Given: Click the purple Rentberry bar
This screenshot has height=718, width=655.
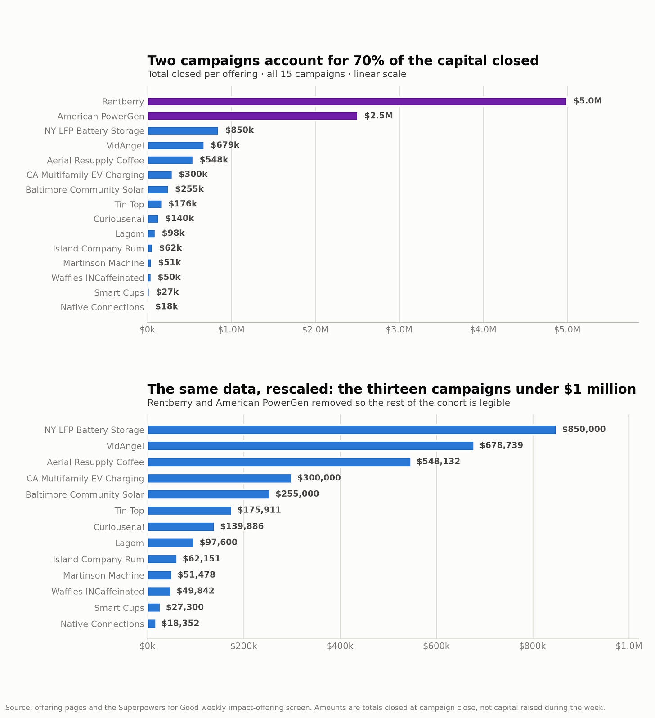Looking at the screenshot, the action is tap(357, 102).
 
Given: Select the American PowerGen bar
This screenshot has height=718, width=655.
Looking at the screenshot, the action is tap(252, 116).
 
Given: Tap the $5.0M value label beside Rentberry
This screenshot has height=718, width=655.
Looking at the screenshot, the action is tap(588, 101).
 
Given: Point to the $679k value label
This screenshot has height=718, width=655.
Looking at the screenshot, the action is tap(225, 145).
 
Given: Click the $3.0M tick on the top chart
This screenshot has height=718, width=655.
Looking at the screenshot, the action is tap(399, 330).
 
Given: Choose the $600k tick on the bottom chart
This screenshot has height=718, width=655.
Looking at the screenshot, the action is tap(436, 646).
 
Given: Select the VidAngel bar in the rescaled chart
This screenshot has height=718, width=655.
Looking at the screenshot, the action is tap(310, 446).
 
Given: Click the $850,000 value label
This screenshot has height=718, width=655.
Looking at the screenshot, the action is tap(584, 430).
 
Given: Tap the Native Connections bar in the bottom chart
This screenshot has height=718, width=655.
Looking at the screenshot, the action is tap(152, 624).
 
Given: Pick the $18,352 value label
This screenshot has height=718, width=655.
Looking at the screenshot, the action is tap(180, 624).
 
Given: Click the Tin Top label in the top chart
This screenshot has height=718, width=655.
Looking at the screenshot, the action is tap(130, 205).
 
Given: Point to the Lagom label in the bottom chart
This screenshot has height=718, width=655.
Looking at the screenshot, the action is tap(130, 543).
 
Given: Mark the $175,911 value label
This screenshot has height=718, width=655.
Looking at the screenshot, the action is tap(259, 510).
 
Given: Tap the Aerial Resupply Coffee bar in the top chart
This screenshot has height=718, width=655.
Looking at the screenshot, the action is tap(170, 160).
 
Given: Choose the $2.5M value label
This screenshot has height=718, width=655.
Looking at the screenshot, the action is tap(379, 116).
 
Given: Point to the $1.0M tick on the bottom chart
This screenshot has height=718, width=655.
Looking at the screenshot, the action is tap(629, 646).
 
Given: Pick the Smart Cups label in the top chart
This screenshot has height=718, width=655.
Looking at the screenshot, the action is tap(119, 293).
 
